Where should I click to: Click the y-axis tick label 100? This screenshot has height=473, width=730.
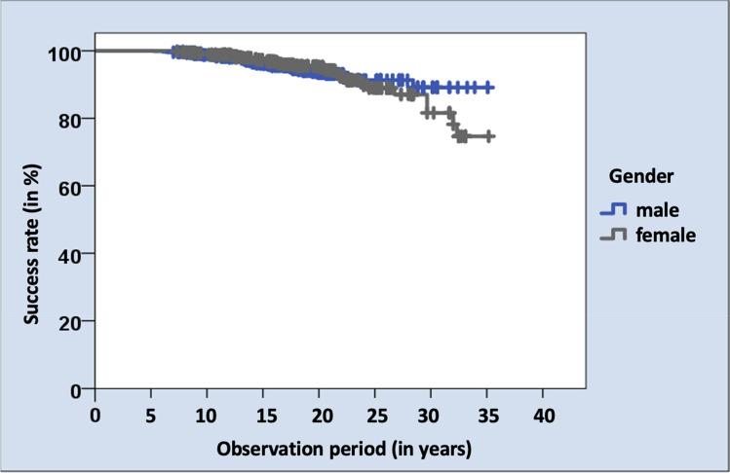click(x=65, y=52)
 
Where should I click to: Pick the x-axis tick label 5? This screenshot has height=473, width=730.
click(x=151, y=416)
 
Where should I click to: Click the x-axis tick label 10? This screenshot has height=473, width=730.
click(x=207, y=416)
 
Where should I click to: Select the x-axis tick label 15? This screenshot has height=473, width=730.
click(x=263, y=416)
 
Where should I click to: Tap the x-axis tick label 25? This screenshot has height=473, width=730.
click(x=375, y=416)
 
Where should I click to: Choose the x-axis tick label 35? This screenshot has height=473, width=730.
click(x=487, y=416)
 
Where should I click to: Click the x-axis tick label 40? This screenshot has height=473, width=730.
click(x=544, y=416)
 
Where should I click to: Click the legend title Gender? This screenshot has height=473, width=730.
click(x=642, y=176)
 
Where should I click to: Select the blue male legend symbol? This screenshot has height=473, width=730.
click(x=612, y=209)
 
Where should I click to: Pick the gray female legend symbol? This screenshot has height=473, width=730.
click(x=612, y=235)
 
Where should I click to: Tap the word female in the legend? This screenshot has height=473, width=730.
click(x=666, y=235)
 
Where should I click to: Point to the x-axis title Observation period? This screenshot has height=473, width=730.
click(x=344, y=449)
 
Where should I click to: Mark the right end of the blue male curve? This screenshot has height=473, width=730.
click(x=493, y=88)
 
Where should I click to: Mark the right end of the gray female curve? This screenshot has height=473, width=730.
click(x=493, y=136)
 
